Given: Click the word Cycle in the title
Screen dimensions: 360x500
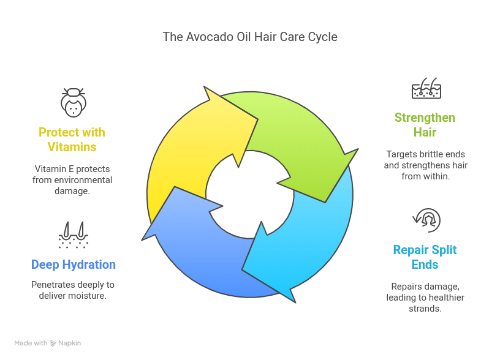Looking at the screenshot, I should tap(322, 37).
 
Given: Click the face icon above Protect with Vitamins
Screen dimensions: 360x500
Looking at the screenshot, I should tap(74, 102).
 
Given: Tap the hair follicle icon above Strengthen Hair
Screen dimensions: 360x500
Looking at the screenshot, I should tap(426, 89).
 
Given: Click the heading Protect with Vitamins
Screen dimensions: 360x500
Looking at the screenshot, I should tap(72, 140).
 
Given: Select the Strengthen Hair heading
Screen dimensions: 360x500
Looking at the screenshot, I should tap(425, 125).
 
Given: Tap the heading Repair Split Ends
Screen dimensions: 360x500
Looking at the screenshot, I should tap(425, 257).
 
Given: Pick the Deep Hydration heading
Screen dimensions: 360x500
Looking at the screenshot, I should tap(74, 265).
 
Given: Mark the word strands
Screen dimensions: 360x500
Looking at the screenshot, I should tap(425, 309).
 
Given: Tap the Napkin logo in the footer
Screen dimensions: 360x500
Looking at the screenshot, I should tap(66, 343).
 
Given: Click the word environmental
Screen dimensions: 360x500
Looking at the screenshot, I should tap(86, 179).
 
